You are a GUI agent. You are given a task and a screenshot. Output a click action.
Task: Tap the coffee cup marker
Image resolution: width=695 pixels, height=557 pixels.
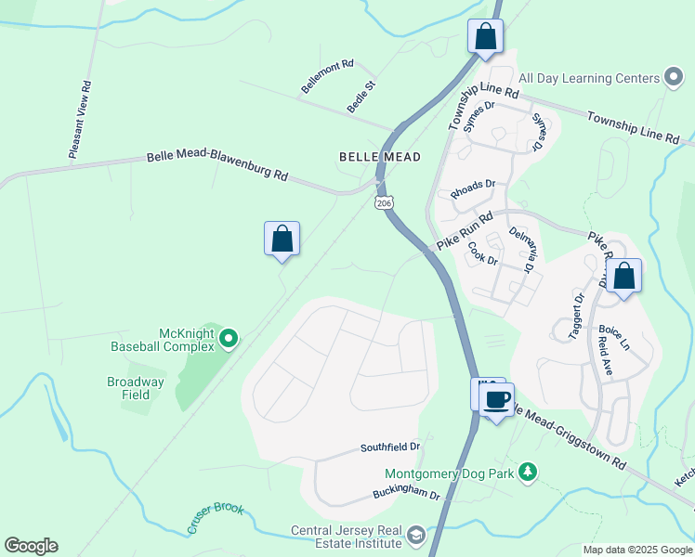tap(497, 399)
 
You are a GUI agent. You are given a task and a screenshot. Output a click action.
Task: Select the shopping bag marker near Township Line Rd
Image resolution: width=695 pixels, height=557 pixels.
tap(484, 37)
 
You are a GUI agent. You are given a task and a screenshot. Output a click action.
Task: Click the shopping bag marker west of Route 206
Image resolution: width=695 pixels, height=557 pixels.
tap(282, 240)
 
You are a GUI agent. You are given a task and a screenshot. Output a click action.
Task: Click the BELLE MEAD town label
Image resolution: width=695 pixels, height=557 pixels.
tap(380, 157)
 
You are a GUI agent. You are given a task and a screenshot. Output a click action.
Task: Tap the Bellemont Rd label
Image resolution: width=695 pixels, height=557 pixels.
tap(327, 77)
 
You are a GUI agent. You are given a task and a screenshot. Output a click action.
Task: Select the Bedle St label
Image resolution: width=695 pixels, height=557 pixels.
tap(361, 97)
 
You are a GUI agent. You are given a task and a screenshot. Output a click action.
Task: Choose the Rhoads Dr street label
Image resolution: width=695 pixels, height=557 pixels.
tap(473, 188)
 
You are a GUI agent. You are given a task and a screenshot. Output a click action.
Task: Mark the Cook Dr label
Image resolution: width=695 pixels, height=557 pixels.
tap(484, 253)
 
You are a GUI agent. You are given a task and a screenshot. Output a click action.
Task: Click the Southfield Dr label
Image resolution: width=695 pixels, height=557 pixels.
tap(390, 447)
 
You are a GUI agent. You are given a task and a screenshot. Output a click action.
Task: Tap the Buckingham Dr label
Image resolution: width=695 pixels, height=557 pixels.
tap(406, 495)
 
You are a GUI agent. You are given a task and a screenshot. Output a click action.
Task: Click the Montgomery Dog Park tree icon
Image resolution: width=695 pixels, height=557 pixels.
tap(528, 473)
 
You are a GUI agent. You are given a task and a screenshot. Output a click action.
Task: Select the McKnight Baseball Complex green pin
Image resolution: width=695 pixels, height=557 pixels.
tap(229, 340)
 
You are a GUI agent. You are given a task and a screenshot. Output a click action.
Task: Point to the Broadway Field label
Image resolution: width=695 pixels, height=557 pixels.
tap(135, 388)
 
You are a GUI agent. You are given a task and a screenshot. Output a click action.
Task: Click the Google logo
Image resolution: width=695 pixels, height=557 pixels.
tap(31, 546)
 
